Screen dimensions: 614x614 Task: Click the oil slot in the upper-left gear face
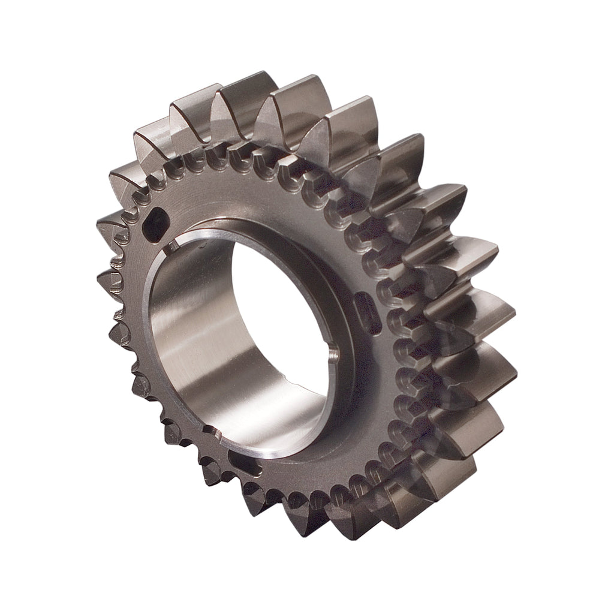pyautogui.click(x=158, y=225)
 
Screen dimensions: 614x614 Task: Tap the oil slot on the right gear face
pyautogui.click(x=368, y=312)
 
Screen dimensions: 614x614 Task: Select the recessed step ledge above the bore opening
pyautogui.click(x=264, y=231)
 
